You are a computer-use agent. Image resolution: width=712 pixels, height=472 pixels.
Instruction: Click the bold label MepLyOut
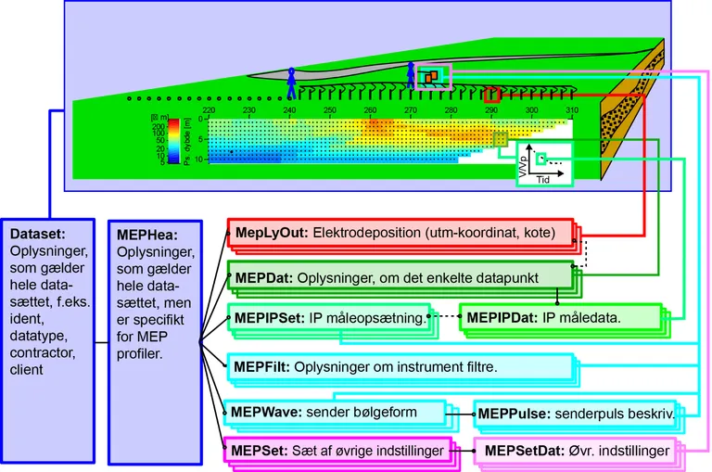[x=263, y=233]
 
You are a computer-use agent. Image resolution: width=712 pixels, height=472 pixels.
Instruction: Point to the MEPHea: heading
[x=145, y=236]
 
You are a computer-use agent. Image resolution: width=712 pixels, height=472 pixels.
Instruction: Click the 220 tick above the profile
[x=209, y=110]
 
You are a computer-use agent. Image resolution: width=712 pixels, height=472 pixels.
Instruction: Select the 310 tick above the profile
[x=571, y=110]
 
